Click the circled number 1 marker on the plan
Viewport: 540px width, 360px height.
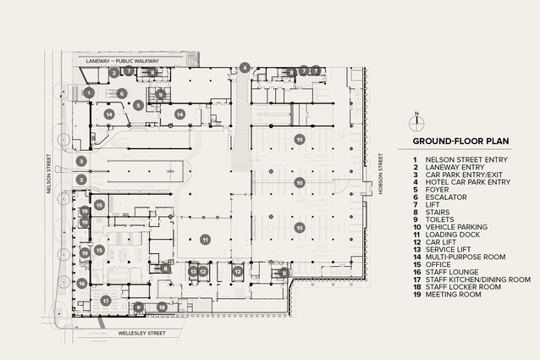tap(89, 92)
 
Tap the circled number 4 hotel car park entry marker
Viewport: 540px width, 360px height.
tap(245, 68)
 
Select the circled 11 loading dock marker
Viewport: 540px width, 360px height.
tap(206, 240)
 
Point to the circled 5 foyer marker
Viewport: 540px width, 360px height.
tap(139, 105)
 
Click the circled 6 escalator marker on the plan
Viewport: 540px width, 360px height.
tap(121, 93)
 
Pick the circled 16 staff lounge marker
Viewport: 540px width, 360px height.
tap(81, 284)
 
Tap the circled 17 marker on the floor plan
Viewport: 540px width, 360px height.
tap(106, 301)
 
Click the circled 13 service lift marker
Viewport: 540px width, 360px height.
tap(193, 272)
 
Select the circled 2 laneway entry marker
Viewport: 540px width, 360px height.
tap(114, 73)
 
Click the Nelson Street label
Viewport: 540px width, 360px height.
tap(48, 174)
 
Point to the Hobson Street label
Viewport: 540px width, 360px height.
tap(381, 174)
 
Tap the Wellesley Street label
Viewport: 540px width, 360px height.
tap(142, 334)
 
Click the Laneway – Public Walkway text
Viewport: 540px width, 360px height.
tap(122, 61)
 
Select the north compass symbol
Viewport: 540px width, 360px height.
tap(416, 124)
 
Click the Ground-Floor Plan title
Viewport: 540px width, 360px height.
tap(460, 141)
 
